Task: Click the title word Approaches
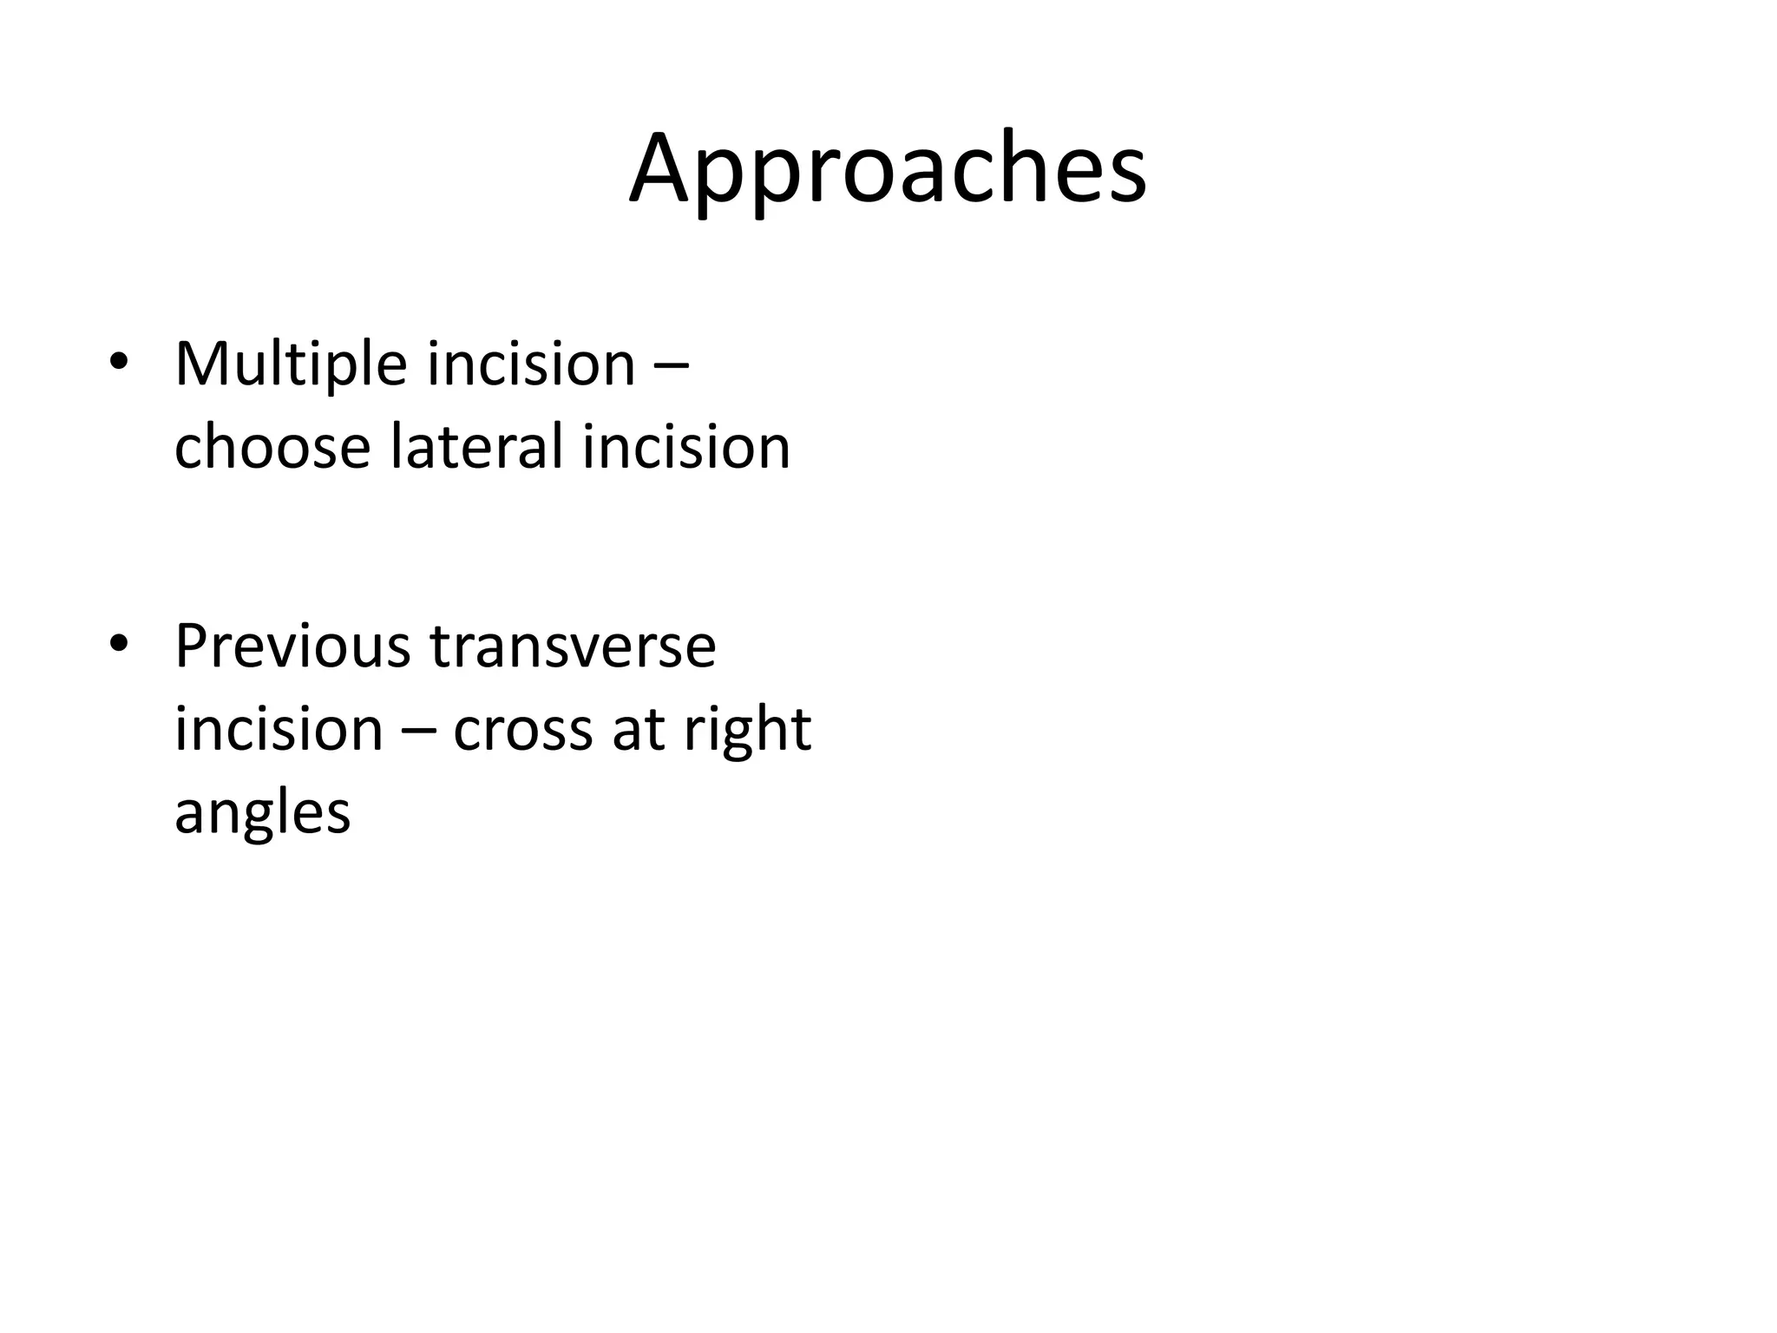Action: click(x=888, y=169)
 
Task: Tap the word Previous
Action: click(x=292, y=646)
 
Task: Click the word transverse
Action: click(x=573, y=646)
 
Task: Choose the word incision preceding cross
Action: click(x=279, y=728)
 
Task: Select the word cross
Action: click(x=523, y=730)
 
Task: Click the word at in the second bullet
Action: click(x=639, y=729)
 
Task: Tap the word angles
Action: click(x=262, y=814)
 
